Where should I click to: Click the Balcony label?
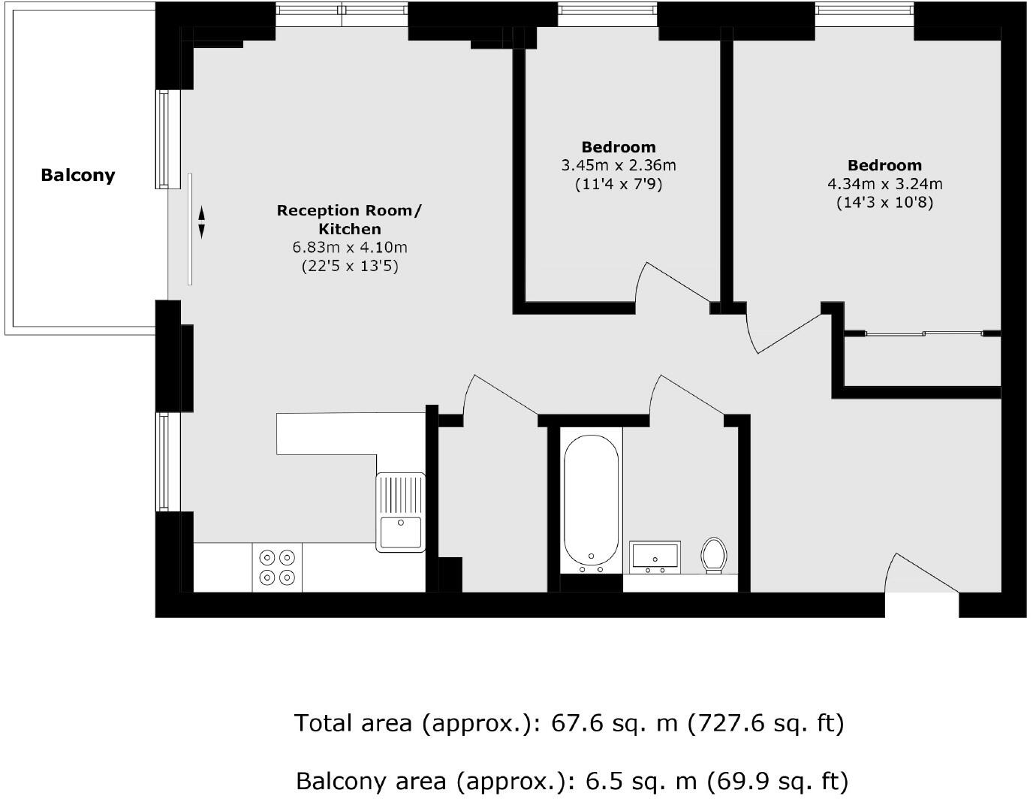click(x=78, y=175)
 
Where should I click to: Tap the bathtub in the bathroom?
click(x=592, y=499)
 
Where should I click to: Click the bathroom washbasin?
click(x=655, y=556)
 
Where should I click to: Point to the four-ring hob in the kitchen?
click(x=277, y=568)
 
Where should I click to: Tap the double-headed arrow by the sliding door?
click(x=201, y=223)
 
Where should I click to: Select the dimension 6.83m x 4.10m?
click(x=349, y=247)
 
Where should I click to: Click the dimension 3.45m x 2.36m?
click(x=618, y=165)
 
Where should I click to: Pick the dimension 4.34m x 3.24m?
click(x=884, y=184)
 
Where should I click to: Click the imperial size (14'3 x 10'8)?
click(x=884, y=203)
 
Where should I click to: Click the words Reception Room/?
click(x=349, y=210)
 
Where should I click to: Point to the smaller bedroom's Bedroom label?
click(x=618, y=147)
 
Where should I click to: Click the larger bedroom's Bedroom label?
click(x=884, y=165)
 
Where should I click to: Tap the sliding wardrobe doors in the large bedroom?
click(x=923, y=333)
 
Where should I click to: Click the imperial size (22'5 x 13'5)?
click(x=349, y=266)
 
